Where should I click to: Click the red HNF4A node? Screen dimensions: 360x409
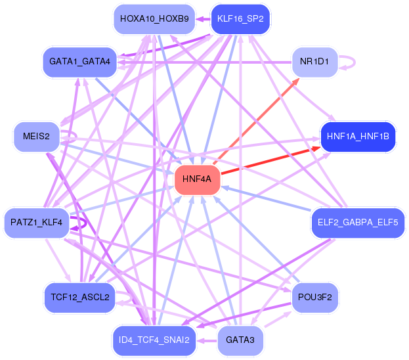(197, 179)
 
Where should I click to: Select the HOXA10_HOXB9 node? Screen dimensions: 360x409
(154, 19)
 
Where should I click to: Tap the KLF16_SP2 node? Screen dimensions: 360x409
(240, 19)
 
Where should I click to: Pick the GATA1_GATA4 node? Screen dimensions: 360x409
(79, 62)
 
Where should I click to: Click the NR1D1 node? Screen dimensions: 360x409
(314, 62)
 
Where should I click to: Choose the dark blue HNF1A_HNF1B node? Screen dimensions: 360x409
(357, 137)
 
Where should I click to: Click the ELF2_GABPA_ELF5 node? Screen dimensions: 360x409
(357, 223)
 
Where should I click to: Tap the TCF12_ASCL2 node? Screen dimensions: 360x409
(79, 297)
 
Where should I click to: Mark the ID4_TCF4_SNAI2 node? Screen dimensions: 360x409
(154, 340)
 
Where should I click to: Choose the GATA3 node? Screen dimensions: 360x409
(240, 340)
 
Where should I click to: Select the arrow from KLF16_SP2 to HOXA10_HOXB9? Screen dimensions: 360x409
(202, 20)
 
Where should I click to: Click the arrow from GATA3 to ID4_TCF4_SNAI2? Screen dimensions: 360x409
(207, 340)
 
